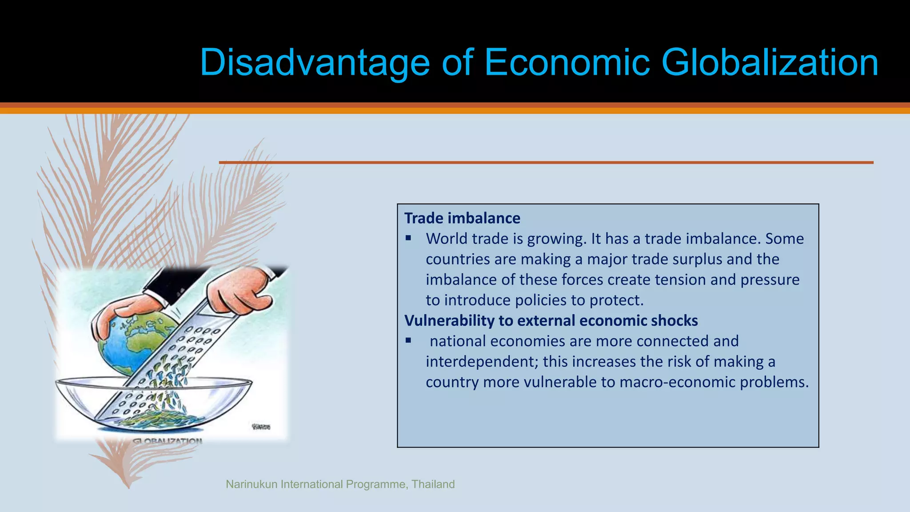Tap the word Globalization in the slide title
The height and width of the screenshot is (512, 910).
(770, 63)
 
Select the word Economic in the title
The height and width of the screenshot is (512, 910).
(567, 63)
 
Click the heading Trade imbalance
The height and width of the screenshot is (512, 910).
(462, 218)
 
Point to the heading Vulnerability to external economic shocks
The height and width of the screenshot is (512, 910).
(551, 320)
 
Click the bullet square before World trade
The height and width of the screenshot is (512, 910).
(408, 239)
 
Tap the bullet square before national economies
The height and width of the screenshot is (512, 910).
(408, 341)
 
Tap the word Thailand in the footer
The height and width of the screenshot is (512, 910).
(433, 484)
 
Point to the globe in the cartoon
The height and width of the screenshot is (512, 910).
(133, 342)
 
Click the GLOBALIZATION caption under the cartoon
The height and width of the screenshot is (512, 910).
(167, 441)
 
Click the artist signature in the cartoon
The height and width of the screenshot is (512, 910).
(261, 427)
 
